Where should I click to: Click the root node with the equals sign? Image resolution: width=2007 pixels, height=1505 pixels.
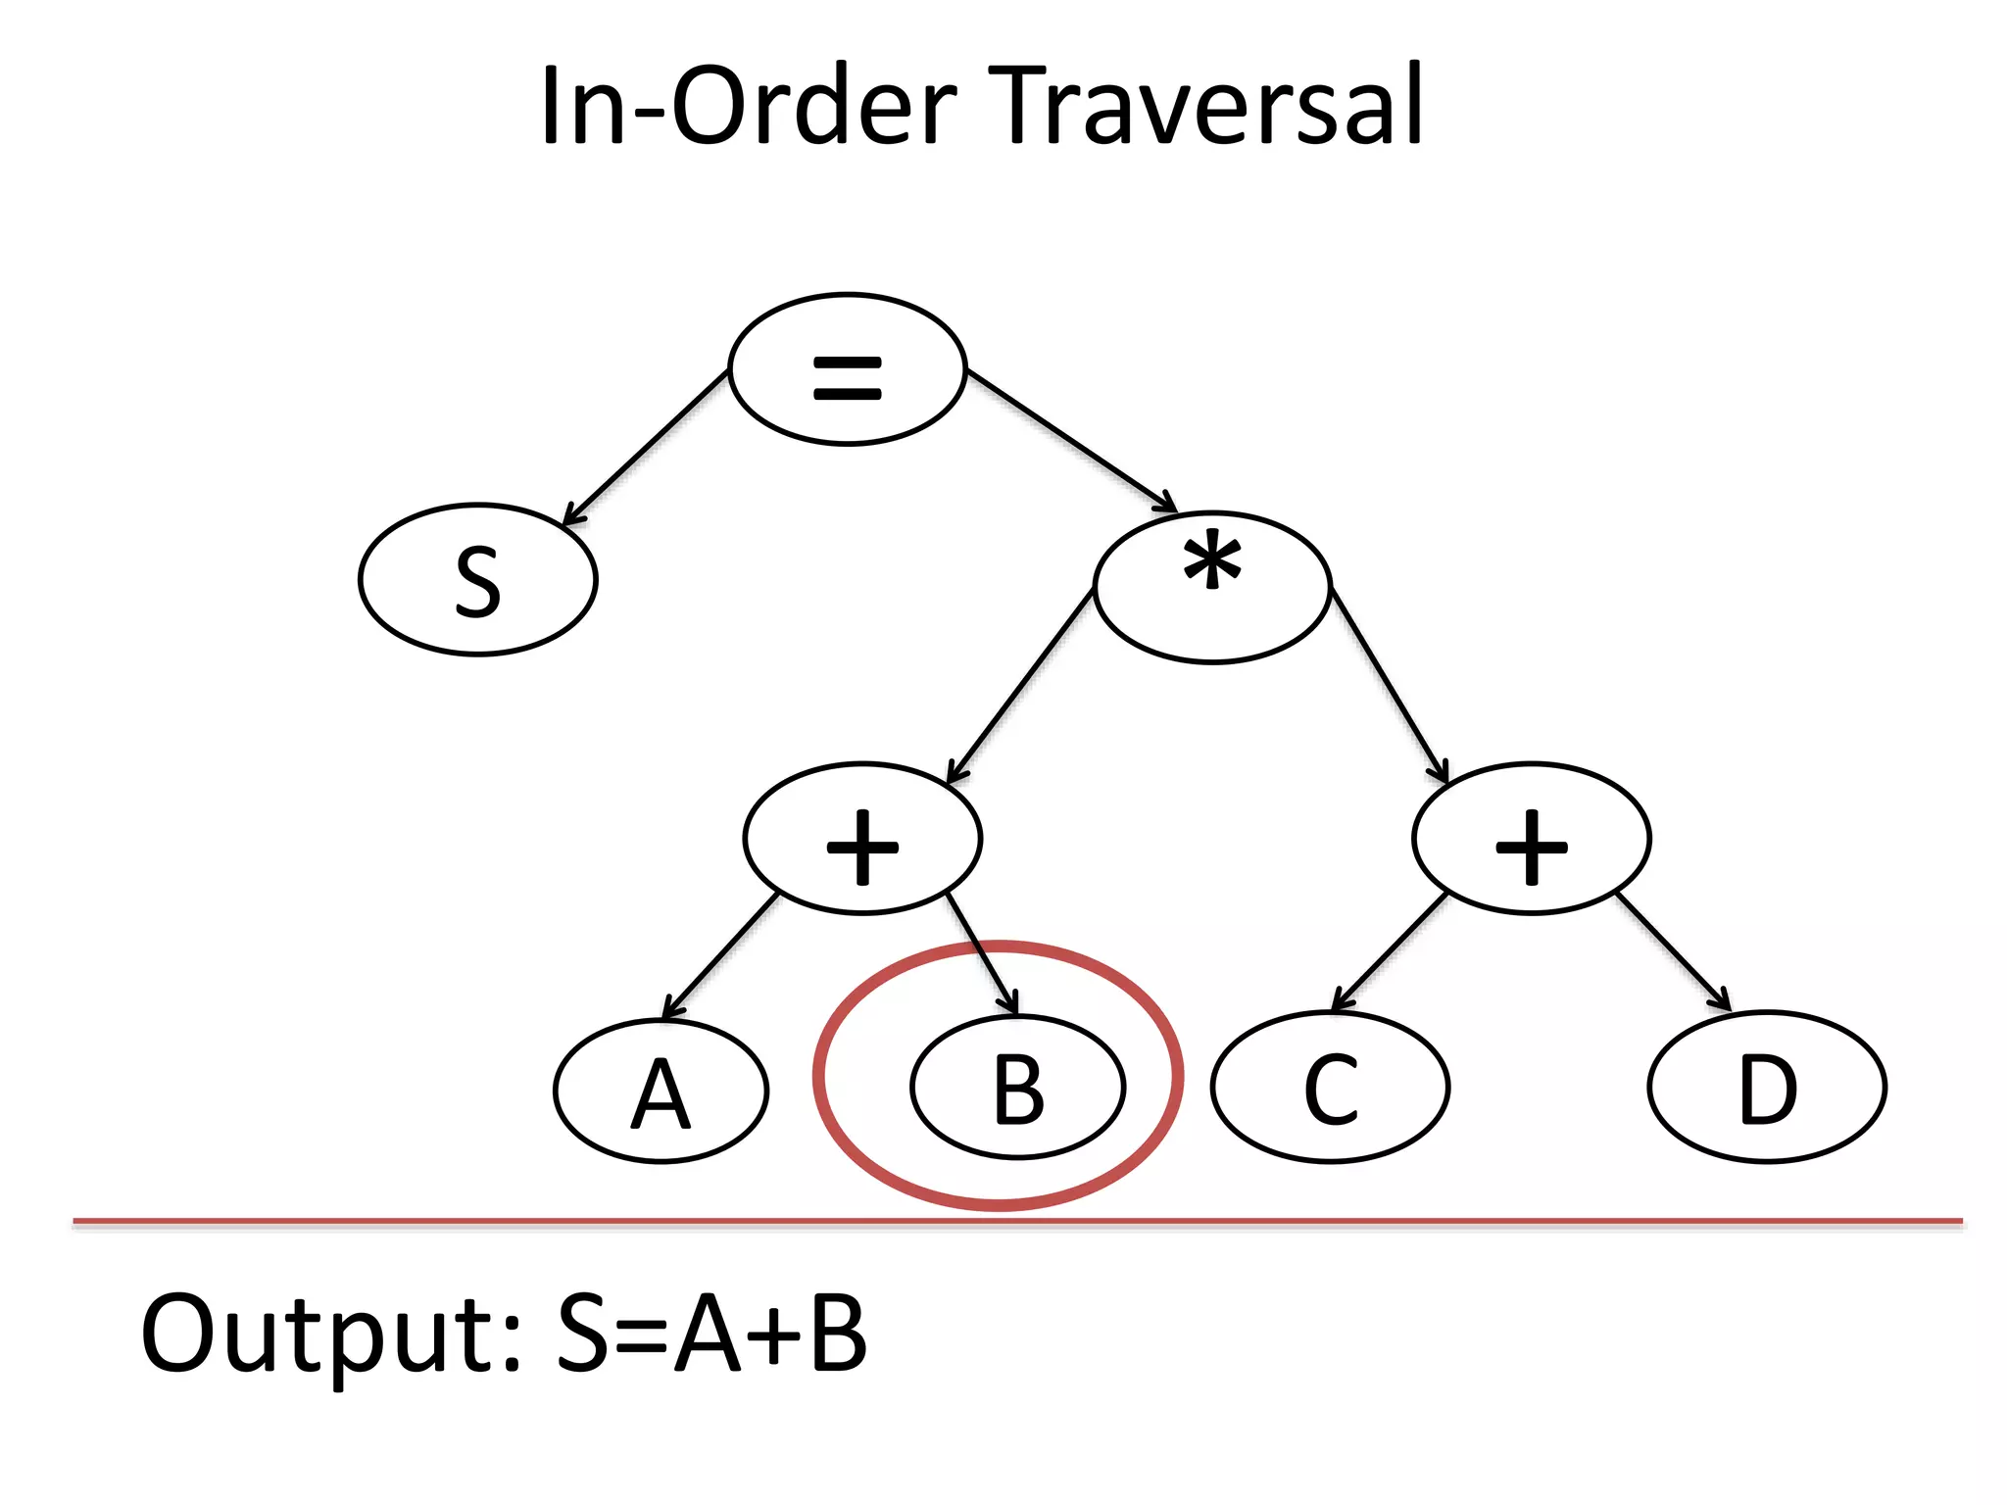pyautogui.click(x=848, y=369)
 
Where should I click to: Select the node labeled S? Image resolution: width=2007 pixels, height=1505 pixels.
pyautogui.click(x=478, y=580)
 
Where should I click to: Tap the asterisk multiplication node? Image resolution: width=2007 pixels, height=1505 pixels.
pyautogui.click(x=1212, y=587)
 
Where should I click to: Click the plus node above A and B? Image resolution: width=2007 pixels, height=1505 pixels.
pyautogui.click(x=862, y=839)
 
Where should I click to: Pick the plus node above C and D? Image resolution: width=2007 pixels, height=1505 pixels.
pyautogui.click(x=1532, y=839)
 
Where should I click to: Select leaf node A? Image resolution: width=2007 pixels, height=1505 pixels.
pyautogui.click(x=661, y=1091)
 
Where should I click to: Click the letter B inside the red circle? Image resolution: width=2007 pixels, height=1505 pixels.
pyautogui.click(x=1018, y=1089)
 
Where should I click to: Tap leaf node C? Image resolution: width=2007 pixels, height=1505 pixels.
pyautogui.click(x=1330, y=1087)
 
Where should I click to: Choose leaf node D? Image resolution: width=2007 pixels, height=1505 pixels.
pyautogui.click(x=1767, y=1087)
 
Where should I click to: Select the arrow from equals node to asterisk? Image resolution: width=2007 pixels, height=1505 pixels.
pyautogui.click(x=1070, y=439)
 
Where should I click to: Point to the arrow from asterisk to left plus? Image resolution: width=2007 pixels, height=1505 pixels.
pyautogui.click(x=1021, y=686)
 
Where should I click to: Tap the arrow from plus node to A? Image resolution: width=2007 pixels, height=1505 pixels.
pyautogui.click(x=720, y=956)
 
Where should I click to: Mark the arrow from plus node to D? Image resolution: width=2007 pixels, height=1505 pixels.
pyautogui.click(x=1672, y=951)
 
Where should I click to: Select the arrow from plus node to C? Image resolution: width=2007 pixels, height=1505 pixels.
pyautogui.click(x=1391, y=951)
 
